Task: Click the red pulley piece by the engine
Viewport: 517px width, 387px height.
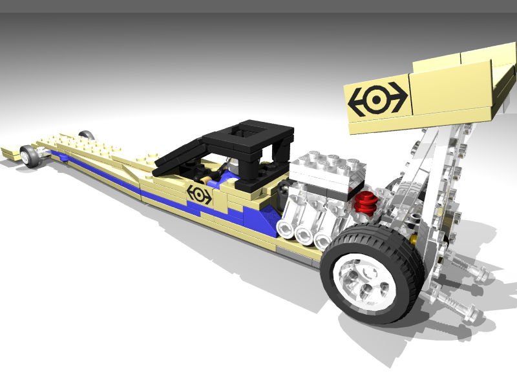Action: tap(366, 201)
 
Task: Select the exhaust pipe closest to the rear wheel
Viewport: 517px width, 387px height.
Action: tap(322, 240)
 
